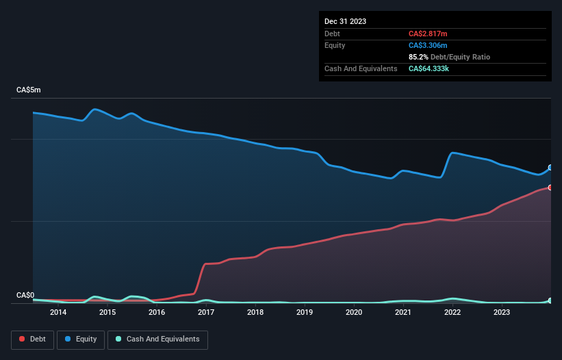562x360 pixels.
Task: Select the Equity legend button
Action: coord(81,339)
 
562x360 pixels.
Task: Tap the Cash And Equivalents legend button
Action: coord(157,339)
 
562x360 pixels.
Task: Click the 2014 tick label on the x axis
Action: coord(58,313)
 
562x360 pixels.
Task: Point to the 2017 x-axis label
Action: coord(206,313)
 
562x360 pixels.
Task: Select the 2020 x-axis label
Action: coord(354,313)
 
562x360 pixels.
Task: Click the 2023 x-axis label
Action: coord(502,313)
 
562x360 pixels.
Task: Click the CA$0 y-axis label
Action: coord(25,296)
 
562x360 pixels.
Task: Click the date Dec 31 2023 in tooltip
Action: coord(345,21)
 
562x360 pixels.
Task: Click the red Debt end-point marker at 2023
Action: coord(550,188)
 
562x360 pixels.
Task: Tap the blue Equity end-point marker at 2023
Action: coord(550,168)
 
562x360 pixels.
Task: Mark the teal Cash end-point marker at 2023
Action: coord(550,300)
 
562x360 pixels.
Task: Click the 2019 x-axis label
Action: coord(305,313)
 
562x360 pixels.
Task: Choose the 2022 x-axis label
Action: coord(452,313)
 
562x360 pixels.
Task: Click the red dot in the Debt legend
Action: coord(23,339)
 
